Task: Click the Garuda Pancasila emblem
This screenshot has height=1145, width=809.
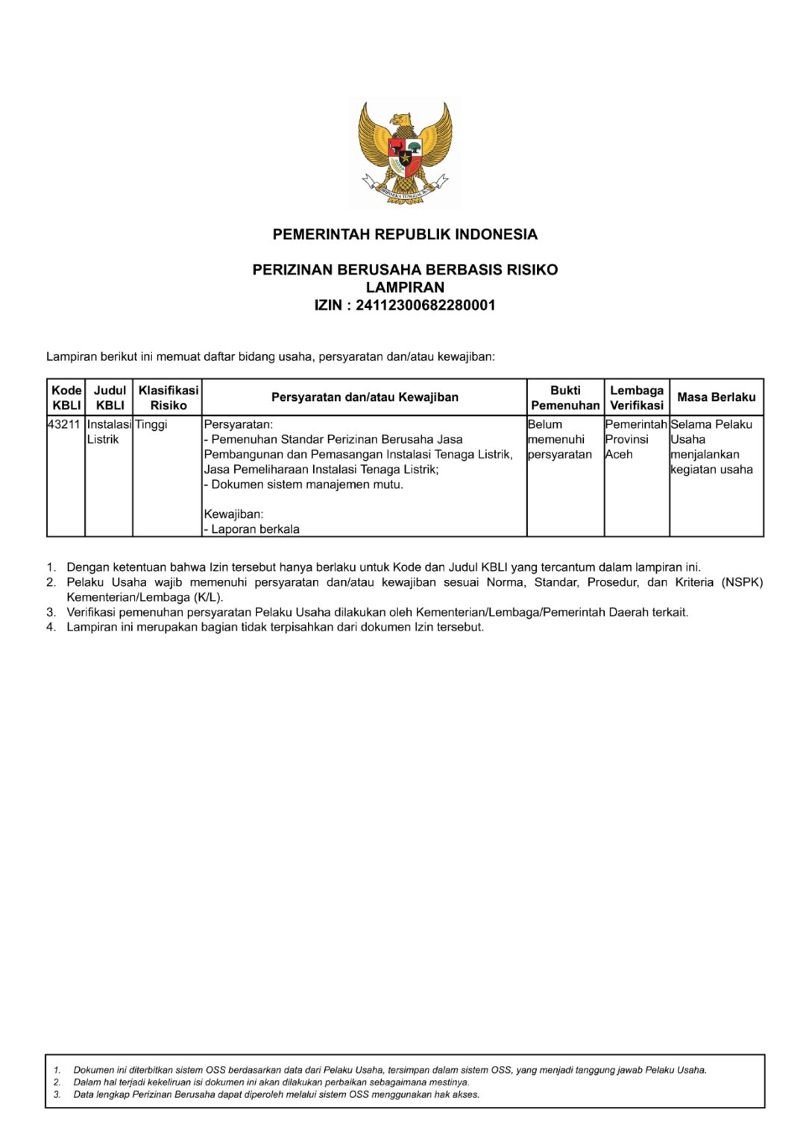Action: pos(405,153)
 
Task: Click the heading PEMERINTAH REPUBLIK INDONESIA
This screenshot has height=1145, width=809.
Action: pos(405,235)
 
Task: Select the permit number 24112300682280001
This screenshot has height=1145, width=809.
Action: pos(425,305)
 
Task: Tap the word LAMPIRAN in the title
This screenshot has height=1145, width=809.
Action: pos(405,287)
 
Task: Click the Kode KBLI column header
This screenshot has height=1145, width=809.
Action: pos(66,397)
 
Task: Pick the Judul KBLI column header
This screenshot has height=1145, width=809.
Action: pos(110,397)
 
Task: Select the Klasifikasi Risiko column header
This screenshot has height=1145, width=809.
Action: pos(169,397)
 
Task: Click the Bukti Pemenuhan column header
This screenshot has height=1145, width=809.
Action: pos(565,397)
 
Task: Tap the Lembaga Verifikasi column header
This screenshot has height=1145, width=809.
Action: pos(637,397)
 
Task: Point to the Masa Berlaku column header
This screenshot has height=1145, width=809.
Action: pos(716,397)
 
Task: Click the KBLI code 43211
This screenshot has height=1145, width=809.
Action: pos(64,424)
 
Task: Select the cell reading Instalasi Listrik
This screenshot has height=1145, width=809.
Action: pos(109,432)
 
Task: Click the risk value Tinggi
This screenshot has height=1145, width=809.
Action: pos(151,424)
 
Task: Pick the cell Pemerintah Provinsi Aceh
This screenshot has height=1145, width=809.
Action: pos(635,439)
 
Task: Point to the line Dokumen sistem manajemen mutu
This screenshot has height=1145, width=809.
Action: pos(304,485)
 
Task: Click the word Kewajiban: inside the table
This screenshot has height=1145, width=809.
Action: pos(233,514)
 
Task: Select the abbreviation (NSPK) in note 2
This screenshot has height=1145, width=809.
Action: pos(742,582)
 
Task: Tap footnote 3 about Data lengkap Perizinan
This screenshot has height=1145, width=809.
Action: pos(276,1094)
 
